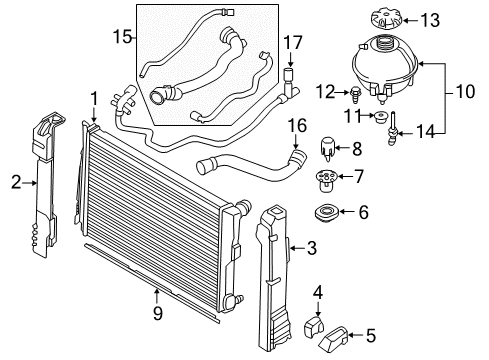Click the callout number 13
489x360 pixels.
point(430,20)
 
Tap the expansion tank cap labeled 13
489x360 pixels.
point(386,20)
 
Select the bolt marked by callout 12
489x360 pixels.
point(355,95)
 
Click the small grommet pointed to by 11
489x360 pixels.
point(380,117)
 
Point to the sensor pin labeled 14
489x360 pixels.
point(392,129)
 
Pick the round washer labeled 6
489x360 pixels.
point(326,213)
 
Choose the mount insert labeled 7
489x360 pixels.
point(326,180)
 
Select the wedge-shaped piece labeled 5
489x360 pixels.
point(333,339)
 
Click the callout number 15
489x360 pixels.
point(123,36)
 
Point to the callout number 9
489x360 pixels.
point(158,313)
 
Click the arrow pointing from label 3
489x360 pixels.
point(297,248)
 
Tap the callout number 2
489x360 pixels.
point(16,182)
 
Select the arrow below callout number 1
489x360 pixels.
point(94,115)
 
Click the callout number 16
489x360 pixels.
point(297,126)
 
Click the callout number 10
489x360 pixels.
point(465,91)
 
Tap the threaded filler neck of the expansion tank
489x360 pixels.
point(384,44)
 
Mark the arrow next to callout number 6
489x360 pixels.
point(347,211)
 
